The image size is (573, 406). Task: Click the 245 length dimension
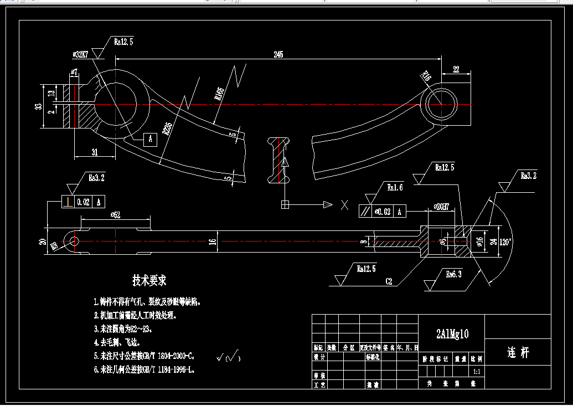click(x=278, y=54)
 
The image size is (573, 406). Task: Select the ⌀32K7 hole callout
click(x=80, y=55)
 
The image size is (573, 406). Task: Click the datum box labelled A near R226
click(x=150, y=139)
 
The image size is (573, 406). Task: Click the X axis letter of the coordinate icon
click(x=344, y=205)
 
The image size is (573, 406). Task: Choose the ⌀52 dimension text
click(x=116, y=215)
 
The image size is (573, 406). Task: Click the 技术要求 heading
click(x=149, y=280)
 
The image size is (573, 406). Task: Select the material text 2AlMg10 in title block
click(x=452, y=333)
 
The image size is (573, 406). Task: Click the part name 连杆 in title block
click(x=518, y=353)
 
